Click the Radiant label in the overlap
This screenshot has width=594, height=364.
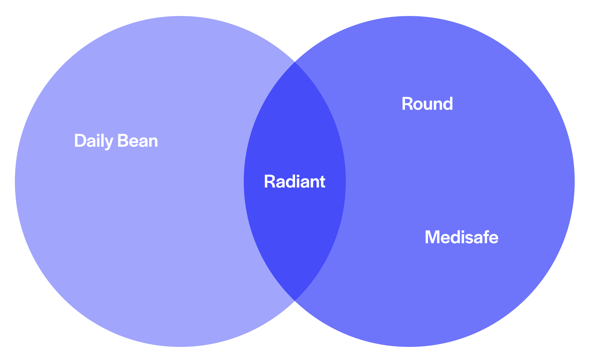pos(295,182)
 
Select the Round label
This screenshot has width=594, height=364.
pos(427,104)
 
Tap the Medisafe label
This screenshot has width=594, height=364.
pos(461,237)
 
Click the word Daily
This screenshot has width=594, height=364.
pos(93,141)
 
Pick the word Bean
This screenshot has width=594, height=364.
pos(138,141)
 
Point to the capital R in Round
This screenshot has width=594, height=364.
pos(407,104)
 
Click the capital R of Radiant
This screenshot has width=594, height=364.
pos(270,182)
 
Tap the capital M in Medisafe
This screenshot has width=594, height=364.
pos(432,237)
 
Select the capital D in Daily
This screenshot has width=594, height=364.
pos(80,141)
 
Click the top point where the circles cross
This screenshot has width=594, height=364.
pos(295,62)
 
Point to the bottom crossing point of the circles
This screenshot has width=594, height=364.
pos(295,301)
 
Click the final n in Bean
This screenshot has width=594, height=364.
pos(153,142)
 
